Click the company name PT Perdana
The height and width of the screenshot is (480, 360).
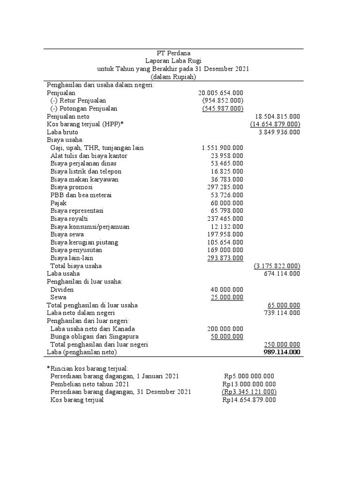pyautogui.click(x=173, y=53)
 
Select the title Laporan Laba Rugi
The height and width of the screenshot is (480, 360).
pyautogui.click(x=173, y=61)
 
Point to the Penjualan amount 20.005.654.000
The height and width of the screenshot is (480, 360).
pyautogui.click(x=220, y=93)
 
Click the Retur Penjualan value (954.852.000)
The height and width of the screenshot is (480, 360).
pyautogui.click(x=223, y=101)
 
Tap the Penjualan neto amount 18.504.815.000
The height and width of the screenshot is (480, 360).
pyautogui.click(x=277, y=116)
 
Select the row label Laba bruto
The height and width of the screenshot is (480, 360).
pyautogui.click(x=62, y=132)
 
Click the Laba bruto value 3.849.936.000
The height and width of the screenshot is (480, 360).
pyautogui.click(x=279, y=132)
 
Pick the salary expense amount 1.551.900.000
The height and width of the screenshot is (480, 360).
pyautogui.click(x=222, y=148)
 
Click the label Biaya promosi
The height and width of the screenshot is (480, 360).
pyautogui.click(x=71, y=187)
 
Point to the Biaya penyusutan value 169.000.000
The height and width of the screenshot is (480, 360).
pyautogui.click(x=225, y=250)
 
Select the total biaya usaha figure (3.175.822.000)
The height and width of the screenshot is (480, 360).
pyautogui.click(x=277, y=266)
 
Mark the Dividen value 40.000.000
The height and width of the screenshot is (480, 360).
pyautogui.click(x=227, y=290)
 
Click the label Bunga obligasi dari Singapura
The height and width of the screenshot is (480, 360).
pyautogui.click(x=94, y=337)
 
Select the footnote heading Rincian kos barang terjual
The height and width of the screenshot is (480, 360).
pyautogui.click(x=87, y=368)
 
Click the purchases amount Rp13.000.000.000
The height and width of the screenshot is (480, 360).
pyautogui.click(x=249, y=384)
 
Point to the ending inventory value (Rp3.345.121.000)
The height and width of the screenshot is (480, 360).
pyautogui.click(x=249, y=392)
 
